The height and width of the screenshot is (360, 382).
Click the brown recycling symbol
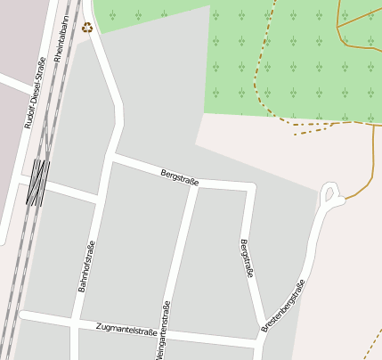point(87,27)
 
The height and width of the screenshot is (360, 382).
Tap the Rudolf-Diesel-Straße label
point(36,93)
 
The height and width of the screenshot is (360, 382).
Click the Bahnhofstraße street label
point(86,266)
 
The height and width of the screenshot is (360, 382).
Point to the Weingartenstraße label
point(162,330)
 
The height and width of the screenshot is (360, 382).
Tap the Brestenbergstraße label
point(283,307)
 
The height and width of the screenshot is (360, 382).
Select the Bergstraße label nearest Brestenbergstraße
point(247,258)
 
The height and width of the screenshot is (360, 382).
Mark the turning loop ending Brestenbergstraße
point(331,193)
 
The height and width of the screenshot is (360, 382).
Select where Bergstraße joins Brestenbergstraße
point(264,327)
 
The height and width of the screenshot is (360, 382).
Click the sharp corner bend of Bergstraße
point(253,188)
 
